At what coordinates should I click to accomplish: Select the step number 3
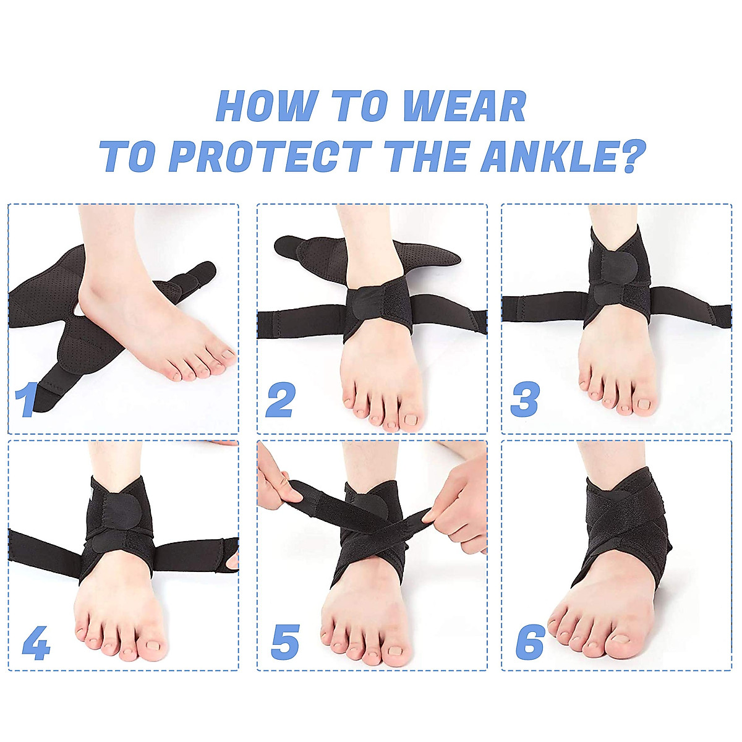(525, 399)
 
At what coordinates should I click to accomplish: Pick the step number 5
(285, 641)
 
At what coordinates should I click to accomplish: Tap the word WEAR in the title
(464, 106)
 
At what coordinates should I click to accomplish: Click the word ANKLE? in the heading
(563, 156)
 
